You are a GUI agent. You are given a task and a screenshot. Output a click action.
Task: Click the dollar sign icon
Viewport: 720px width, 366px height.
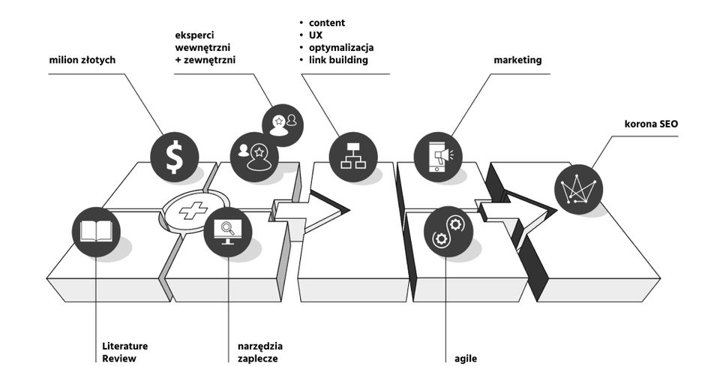175,156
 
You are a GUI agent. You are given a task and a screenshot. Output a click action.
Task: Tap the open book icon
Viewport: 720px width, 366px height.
97,232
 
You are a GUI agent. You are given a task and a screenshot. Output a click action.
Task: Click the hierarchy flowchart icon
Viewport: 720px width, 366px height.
352,155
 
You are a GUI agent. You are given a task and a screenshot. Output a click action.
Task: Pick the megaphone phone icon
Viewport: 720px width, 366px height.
439,155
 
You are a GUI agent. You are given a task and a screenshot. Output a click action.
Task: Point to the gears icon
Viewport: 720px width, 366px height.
448,232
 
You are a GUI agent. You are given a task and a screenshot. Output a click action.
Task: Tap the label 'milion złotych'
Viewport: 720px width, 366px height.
82,60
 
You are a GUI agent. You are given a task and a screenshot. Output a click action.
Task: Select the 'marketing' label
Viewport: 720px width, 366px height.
517,60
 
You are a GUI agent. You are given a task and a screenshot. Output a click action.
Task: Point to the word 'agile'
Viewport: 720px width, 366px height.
466,358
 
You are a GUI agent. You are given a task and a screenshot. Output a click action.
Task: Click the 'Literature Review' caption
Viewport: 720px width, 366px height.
124,352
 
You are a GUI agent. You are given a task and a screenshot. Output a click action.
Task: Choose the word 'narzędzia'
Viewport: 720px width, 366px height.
260,346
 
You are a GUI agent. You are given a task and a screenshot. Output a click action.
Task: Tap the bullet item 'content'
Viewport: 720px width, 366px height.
327,23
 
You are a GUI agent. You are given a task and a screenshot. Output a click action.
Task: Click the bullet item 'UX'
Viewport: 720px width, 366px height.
316,35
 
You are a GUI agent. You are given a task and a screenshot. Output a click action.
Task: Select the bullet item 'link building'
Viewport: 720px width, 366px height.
338,60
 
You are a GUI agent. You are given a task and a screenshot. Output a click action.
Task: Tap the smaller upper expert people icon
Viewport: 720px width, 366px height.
283,120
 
